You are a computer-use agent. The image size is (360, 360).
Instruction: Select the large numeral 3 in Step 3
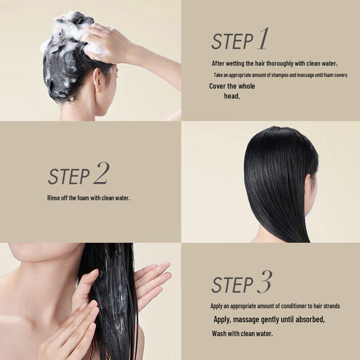[x=264, y=282]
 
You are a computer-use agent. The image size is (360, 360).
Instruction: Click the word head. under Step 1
[x=232, y=96]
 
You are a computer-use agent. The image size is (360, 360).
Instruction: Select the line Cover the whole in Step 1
[x=232, y=86]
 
